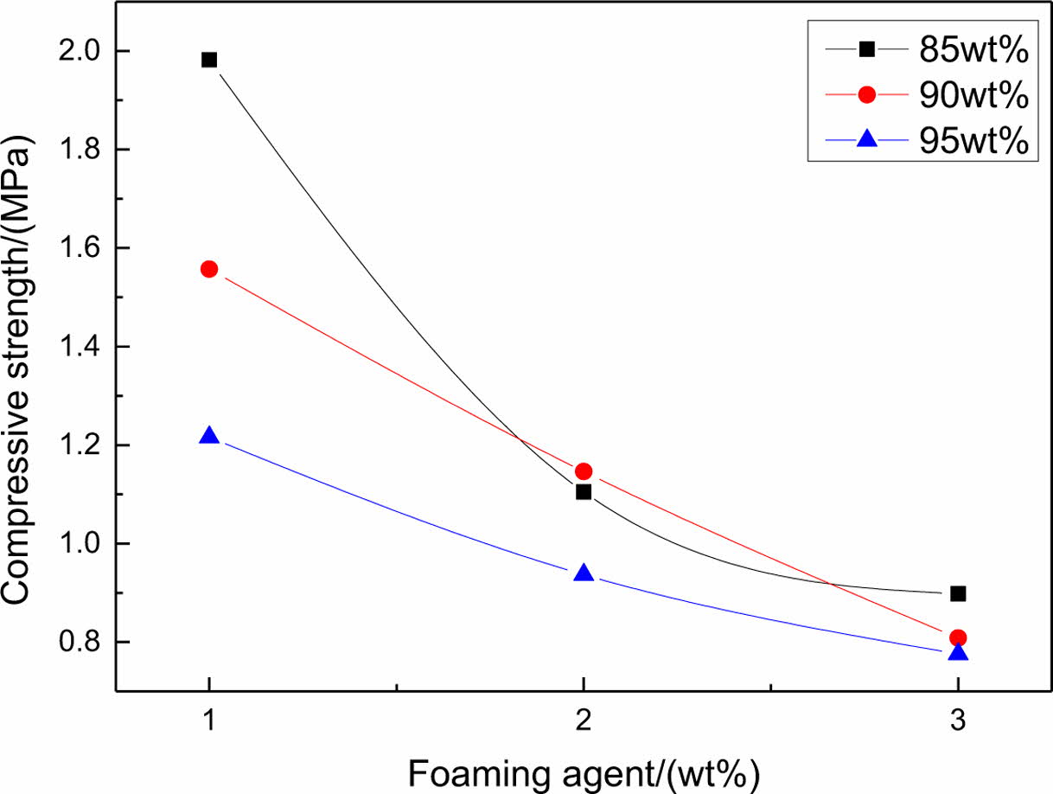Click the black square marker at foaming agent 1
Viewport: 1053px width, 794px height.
point(208,60)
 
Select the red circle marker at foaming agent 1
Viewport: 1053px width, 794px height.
point(208,269)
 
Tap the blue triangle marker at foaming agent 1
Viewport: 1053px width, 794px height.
point(208,436)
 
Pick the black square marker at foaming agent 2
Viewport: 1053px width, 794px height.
point(584,492)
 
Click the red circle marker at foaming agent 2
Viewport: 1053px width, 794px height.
point(584,471)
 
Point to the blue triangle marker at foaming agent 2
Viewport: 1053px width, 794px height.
point(584,573)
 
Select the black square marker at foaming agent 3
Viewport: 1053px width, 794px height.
point(958,593)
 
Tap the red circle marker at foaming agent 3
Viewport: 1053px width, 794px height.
point(958,637)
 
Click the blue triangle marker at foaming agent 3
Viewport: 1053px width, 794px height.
point(958,652)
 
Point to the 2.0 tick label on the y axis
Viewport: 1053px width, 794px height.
point(78,51)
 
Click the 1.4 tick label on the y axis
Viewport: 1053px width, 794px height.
point(78,347)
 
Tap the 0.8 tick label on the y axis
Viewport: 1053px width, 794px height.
point(78,643)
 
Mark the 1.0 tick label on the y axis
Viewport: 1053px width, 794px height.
point(78,544)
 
